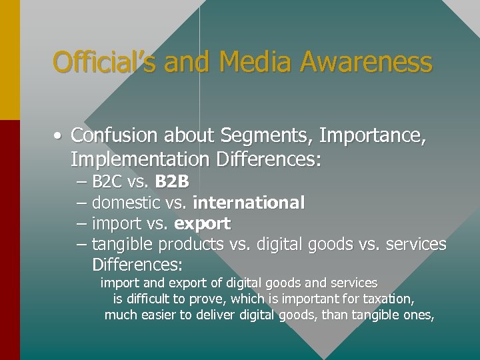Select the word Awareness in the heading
click(366, 63)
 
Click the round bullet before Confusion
click(59, 137)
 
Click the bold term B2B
click(172, 181)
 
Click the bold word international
click(249, 202)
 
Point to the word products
click(190, 245)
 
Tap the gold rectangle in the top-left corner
click(10, 60)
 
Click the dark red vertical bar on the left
click(10, 240)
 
